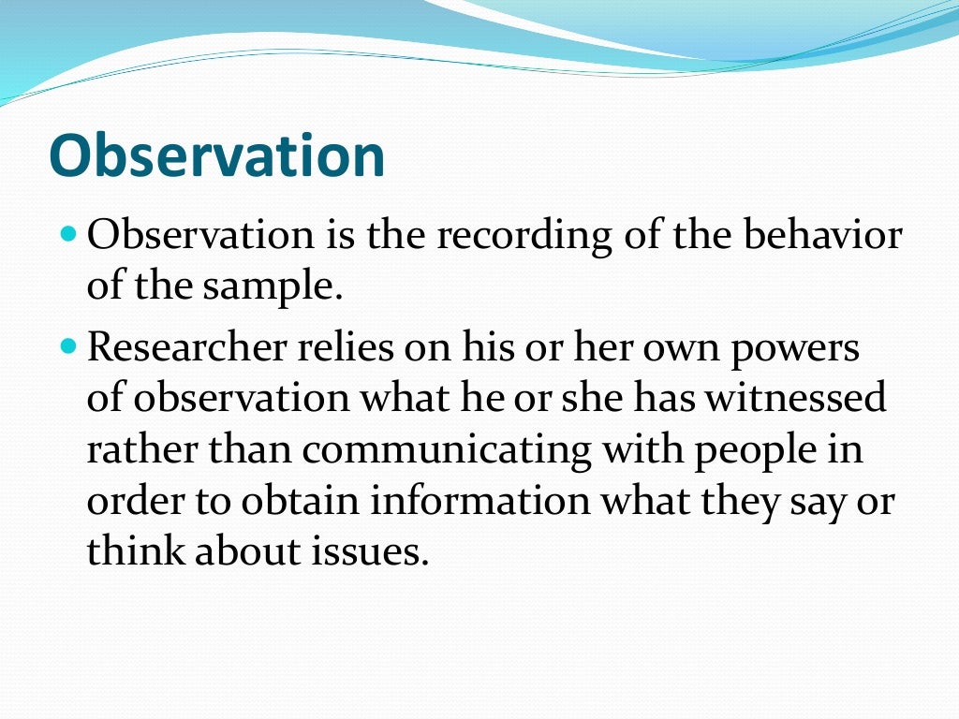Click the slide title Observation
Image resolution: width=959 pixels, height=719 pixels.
click(216, 155)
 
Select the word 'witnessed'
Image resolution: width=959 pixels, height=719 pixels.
click(796, 399)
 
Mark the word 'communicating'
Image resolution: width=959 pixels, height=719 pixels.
click(447, 450)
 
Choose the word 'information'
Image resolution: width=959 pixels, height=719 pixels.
click(479, 502)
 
